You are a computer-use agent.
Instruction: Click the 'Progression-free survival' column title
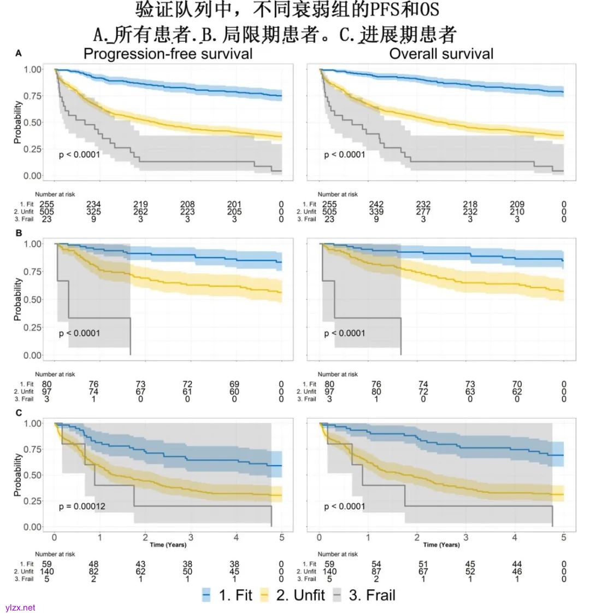point(168,54)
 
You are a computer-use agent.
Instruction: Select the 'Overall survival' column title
point(441,54)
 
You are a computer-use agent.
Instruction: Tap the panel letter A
point(19,53)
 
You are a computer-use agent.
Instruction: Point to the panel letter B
point(19,232)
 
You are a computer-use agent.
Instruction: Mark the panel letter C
point(19,412)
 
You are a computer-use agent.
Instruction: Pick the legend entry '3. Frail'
point(364,595)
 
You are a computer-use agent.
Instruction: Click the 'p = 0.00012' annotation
point(82,506)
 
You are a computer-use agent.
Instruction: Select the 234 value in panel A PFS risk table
point(93,204)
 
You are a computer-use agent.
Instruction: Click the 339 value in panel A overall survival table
point(376,212)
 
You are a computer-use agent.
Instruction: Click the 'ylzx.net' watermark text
point(20,607)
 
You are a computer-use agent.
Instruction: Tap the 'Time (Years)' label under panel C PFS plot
point(168,544)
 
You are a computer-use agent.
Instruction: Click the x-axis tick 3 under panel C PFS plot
point(191,538)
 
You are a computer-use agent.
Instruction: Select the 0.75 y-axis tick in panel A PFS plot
point(33,96)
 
